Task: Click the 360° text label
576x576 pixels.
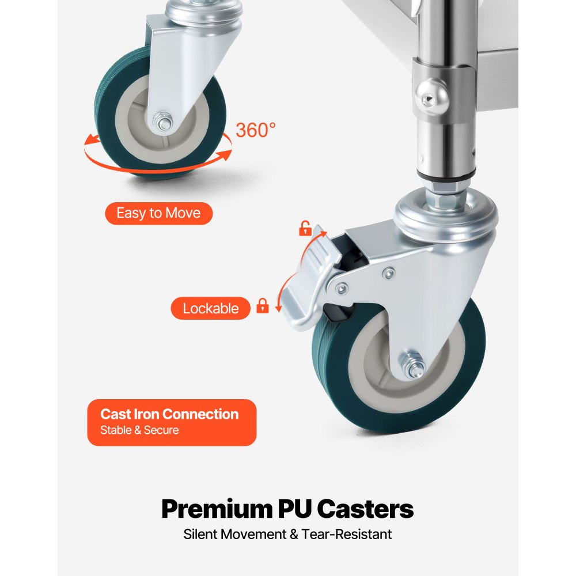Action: click(255, 130)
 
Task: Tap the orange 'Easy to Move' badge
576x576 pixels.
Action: click(159, 213)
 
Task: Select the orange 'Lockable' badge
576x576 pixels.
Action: click(210, 308)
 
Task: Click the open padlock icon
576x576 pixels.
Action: click(305, 228)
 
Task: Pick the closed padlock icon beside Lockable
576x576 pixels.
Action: click(262, 306)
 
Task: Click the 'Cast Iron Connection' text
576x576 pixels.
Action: click(169, 414)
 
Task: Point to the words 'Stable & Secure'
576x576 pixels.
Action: click(139, 430)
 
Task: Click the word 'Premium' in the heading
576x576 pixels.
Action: click(217, 509)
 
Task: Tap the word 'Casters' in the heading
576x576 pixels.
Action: click(365, 509)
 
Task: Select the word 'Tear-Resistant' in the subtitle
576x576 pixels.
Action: click(346, 534)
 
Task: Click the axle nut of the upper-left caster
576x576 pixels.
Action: click(164, 121)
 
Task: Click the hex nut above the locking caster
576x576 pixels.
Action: click(445, 196)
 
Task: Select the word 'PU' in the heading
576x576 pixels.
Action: click(294, 509)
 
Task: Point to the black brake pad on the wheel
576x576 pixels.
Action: click(338, 312)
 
